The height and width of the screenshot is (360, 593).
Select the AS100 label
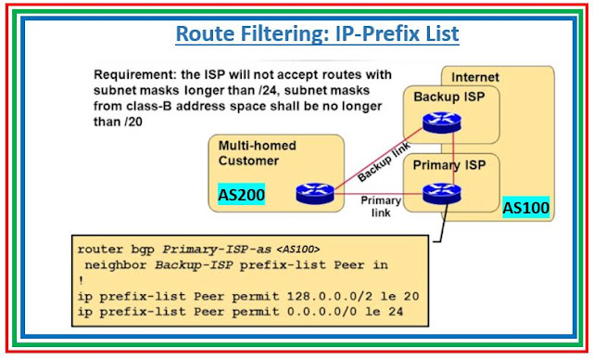526,207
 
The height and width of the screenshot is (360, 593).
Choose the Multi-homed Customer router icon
315,193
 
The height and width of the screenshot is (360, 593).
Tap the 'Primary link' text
379,205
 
